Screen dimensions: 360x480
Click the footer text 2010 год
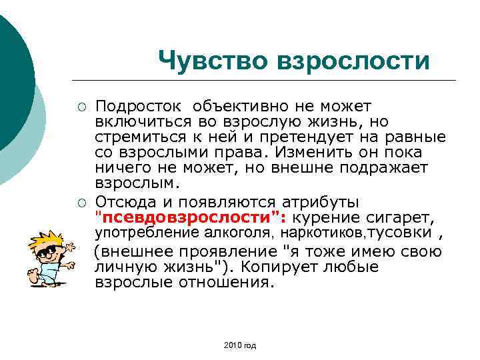241,345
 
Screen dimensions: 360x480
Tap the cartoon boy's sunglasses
49,253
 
